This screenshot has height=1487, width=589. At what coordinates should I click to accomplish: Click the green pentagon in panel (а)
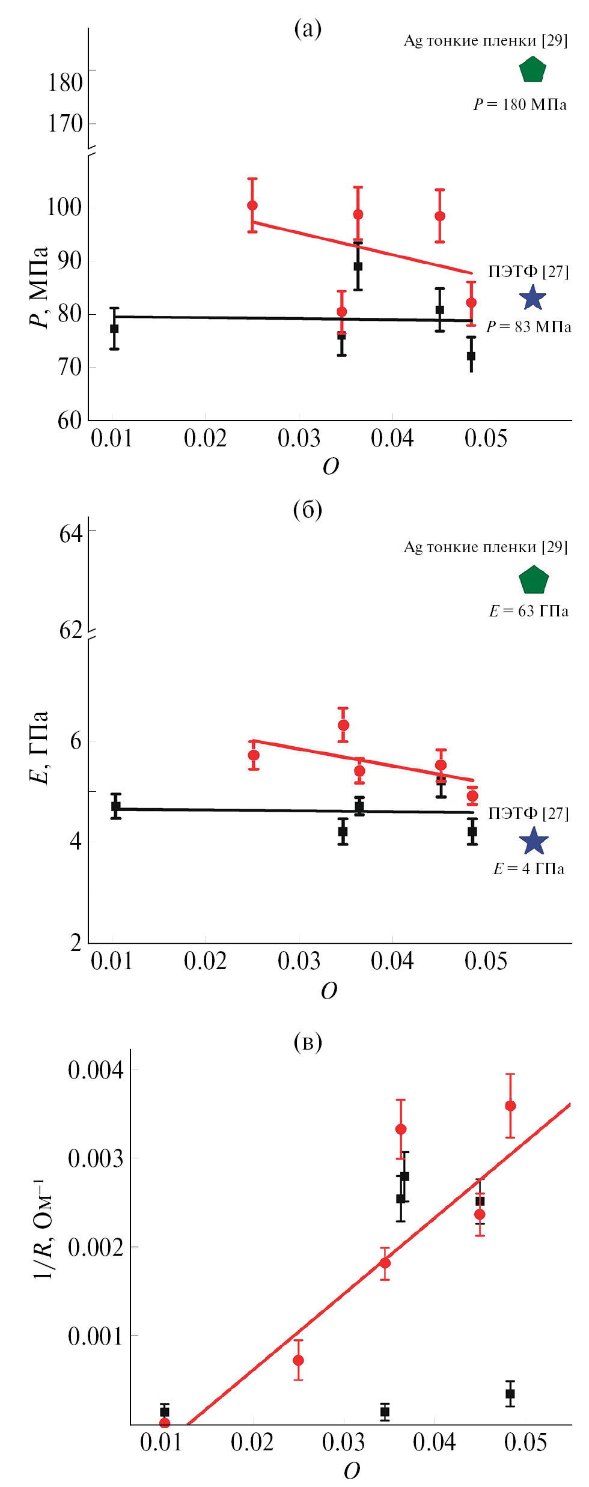[532, 70]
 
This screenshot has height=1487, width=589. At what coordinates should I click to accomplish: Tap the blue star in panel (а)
[533, 297]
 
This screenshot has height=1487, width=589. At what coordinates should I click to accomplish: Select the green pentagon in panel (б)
[533, 580]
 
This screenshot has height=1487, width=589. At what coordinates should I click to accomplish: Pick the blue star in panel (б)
[533, 841]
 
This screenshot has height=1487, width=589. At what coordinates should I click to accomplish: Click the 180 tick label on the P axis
[65, 82]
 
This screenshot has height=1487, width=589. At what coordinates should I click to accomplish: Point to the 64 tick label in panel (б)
[71, 533]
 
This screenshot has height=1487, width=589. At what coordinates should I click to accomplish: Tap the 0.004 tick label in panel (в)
[96, 1069]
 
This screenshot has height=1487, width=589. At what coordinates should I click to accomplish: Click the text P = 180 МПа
[520, 105]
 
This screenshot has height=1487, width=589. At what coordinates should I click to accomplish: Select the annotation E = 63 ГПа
[528, 611]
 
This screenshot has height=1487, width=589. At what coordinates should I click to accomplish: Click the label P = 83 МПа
[528, 327]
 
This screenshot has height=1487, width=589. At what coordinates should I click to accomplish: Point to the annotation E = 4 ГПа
[528, 869]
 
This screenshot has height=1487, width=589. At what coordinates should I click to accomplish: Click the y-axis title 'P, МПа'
[38, 287]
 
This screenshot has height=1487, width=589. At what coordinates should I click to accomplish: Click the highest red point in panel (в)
[510, 1105]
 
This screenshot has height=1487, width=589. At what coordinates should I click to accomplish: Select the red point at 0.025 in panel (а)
[252, 205]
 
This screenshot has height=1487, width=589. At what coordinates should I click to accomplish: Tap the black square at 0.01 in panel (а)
[114, 329]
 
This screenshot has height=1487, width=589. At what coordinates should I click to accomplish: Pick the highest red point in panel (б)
[343, 725]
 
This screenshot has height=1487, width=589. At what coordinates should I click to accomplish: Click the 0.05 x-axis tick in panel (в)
[525, 1442]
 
